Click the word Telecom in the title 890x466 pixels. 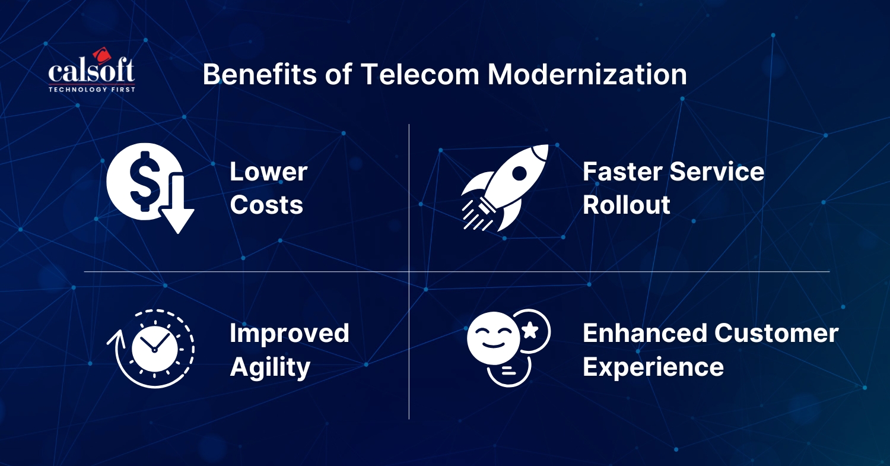point(419,74)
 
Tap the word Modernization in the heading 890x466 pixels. point(587,74)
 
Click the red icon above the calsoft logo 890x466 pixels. point(101,55)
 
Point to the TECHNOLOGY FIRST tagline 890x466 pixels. point(92,90)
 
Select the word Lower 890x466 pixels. point(269,172)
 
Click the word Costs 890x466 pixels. point(266,205)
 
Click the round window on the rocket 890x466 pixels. point(519,173)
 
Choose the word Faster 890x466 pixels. point(622,172)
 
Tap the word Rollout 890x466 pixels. point(627,205)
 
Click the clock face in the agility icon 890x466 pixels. point(154,348)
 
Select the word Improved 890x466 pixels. point(290,334)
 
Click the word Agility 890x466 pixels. point(270,367)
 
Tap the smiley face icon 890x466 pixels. point(494,338)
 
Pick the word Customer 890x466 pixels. point(776,333)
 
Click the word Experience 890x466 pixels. point(653,367)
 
